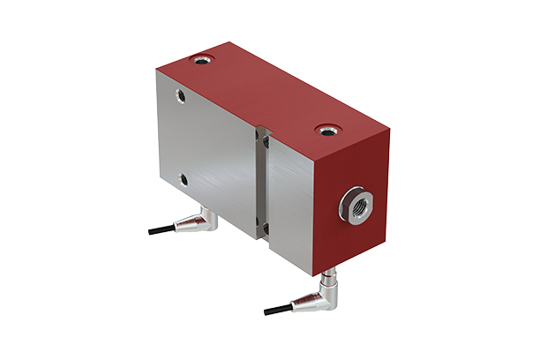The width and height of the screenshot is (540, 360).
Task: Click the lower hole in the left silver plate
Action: click(x=184, y=179)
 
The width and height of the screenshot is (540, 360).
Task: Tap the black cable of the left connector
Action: click(x=162, y=231)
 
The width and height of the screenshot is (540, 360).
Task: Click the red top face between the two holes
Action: click(x=265, y=93)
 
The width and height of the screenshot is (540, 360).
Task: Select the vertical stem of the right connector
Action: click(x=328, y=281)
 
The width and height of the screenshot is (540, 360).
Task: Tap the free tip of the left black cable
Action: click(x=151, y=233)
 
